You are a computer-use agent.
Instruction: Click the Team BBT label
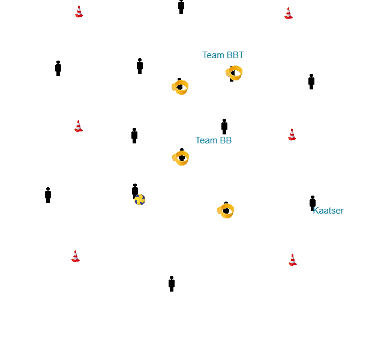pyautogui.click(x=223, y=55)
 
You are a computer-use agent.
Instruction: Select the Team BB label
pyautogui.click(x=213, y=140)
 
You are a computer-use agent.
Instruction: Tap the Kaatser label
pyautogui.click(x=328, y=211)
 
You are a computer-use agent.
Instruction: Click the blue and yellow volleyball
pyautogui.click(x=140, y=202)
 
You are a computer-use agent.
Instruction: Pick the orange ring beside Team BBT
pyautogui.click(x=234, y=73)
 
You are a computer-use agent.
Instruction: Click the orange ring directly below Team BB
pyautogui.click(x=181, y=158)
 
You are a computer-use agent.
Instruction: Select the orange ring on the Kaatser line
pyautogui.click(x=226, y=211)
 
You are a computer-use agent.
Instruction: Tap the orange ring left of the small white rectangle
pyautogui.click(x=179, y=88)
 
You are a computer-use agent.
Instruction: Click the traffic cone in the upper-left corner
pyautogui.click(x=79, y=13)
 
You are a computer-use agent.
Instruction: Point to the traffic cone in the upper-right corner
pyautogui.click(x=289, y=13)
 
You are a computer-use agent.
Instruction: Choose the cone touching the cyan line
pyautogui.click(x=79, y=126)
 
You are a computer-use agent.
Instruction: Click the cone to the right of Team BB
pyautogui.click(x=292, y=134)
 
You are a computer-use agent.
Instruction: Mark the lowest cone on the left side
pyautogui.click(x=76, y=256)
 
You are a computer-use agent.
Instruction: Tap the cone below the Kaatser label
pyautogui.click(x=293, y=260)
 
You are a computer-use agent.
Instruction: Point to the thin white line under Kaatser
pyautogui.click(x=312, y=218)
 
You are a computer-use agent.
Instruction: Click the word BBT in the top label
pyautogui.click(x=235, y=55)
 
